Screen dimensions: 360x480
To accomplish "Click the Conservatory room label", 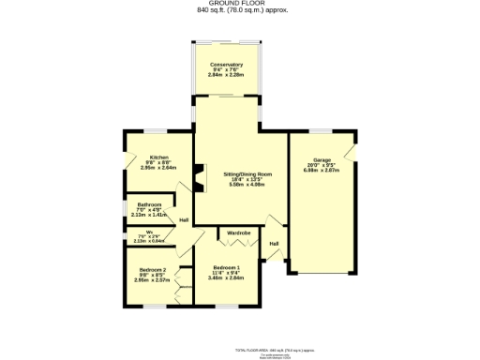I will (227, 64).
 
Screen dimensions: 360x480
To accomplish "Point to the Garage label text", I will (322, 160).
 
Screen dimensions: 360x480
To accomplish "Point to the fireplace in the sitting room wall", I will (198, 176).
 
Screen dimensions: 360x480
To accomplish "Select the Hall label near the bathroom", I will (185, 220).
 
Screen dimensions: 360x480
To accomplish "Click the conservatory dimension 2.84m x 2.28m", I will (227, 75).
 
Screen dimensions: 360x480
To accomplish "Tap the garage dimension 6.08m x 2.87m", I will (322, 172).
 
